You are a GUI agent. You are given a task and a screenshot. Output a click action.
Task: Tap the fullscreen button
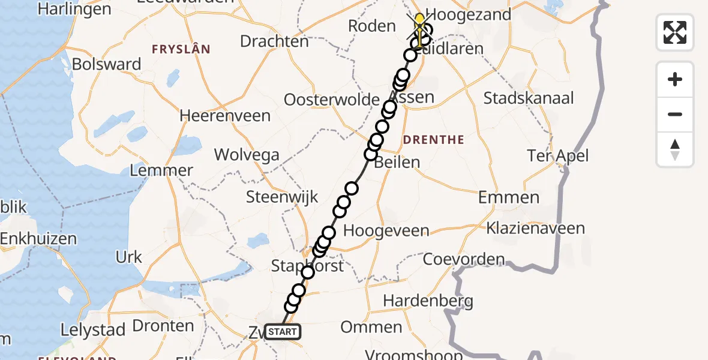(675, 32)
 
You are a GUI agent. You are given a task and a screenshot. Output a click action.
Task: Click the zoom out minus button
(675, 114)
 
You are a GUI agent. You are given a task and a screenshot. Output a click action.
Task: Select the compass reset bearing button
(675, 149)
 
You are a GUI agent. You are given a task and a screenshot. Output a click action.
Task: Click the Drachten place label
(274, 41)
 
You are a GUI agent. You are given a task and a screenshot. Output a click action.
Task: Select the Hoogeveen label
(386, 231)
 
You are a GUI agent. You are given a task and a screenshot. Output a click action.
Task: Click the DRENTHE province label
(434, 140)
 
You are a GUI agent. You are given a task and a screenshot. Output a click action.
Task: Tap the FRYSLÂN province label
(181, 50)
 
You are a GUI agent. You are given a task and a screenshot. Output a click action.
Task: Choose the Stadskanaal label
(529, 98)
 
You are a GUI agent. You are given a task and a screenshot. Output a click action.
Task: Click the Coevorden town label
(464, 259)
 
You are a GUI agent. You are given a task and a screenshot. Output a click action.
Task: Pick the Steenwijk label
(282, 197)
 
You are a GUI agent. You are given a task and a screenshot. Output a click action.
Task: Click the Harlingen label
(74, 9)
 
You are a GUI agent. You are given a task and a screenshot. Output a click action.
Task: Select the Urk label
(128, 257)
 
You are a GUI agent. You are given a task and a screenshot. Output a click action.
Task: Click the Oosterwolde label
(331, 100)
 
